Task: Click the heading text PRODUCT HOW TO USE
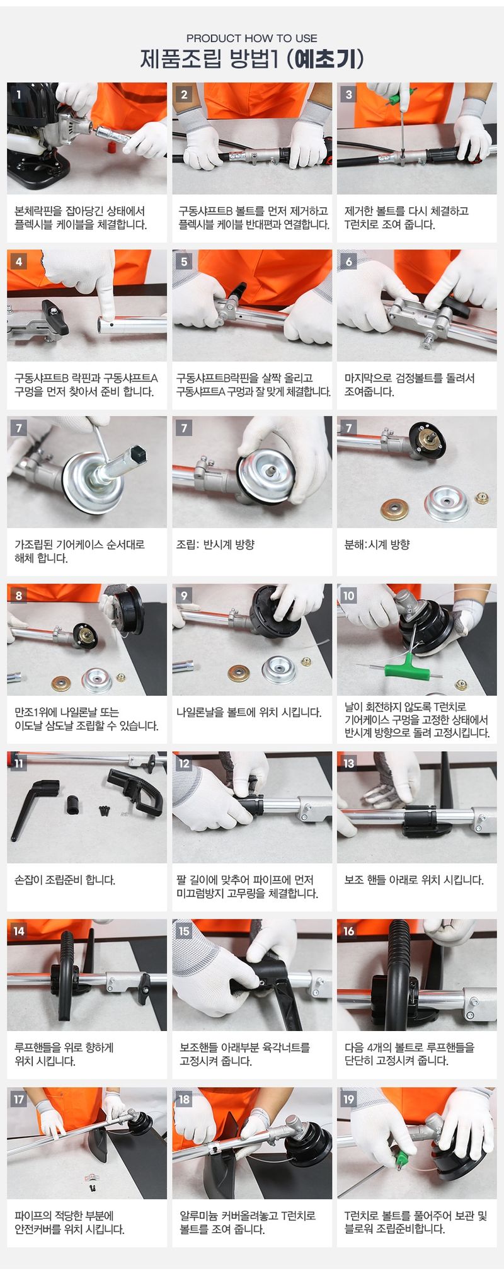251,38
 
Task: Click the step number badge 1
19,95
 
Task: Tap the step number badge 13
349,763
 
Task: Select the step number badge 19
349,1099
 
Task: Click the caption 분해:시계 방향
377,544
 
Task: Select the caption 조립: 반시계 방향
215,544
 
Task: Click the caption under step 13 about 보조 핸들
414,880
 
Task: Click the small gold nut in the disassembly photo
482,498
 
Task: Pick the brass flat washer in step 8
61,683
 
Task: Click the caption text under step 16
409,1054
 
